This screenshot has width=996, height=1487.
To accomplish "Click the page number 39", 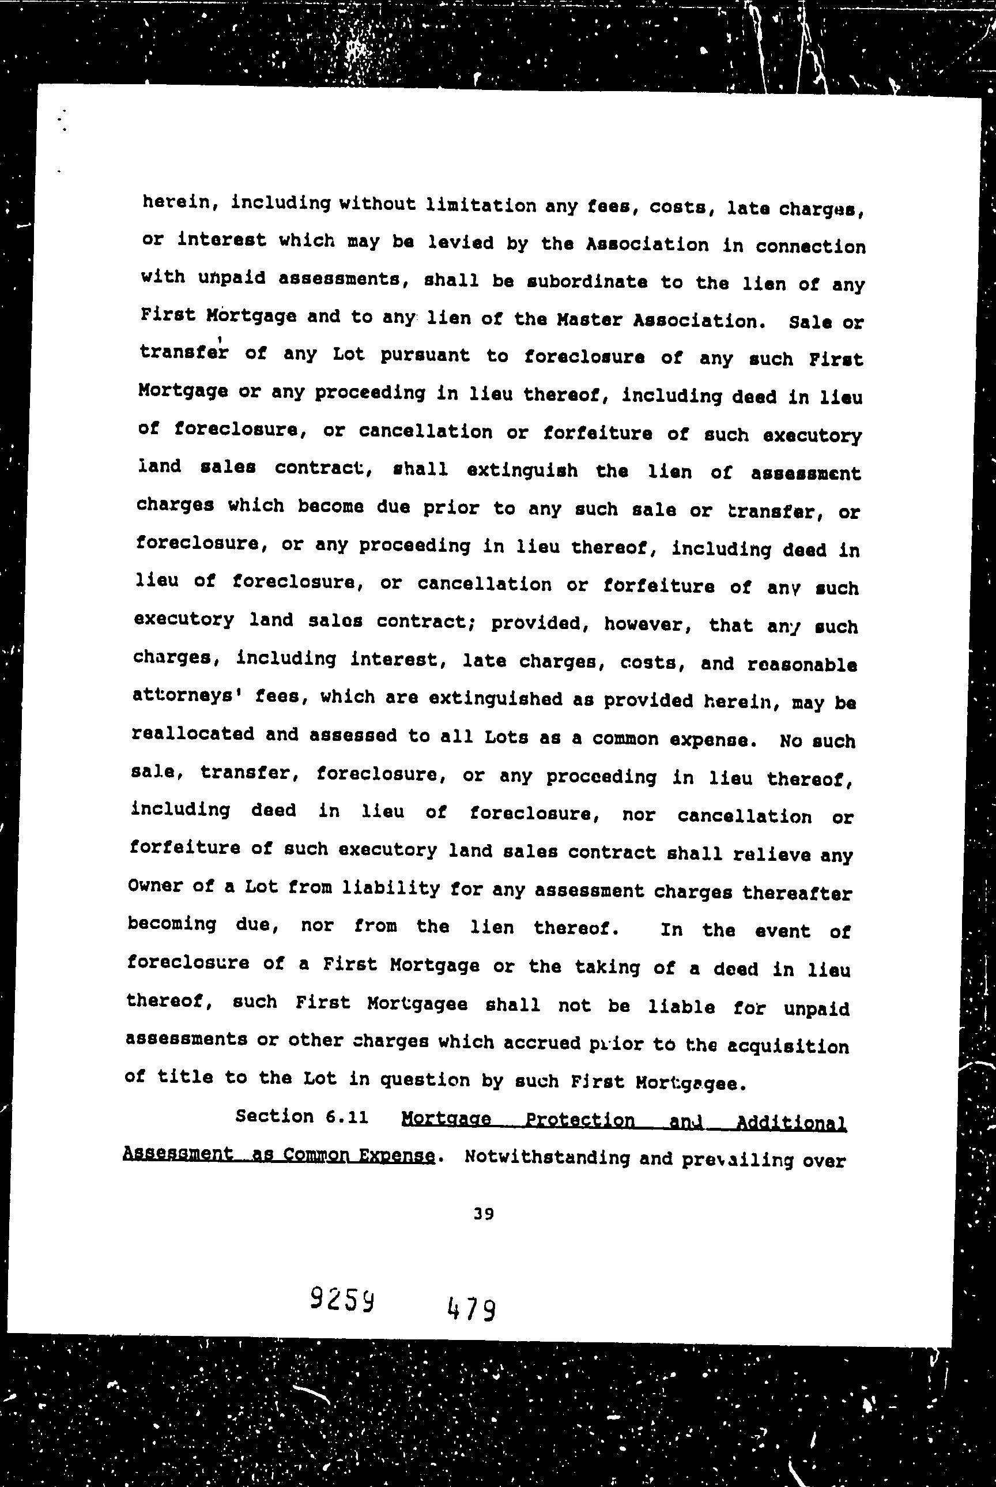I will pos(484,1214).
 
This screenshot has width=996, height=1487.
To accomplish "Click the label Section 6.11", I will pos(301,1116).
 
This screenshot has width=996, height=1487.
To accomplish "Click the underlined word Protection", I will pos(580,1120).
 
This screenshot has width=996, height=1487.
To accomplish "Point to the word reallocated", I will pos(193,734).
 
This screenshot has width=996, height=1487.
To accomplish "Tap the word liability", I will pos(391,888).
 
